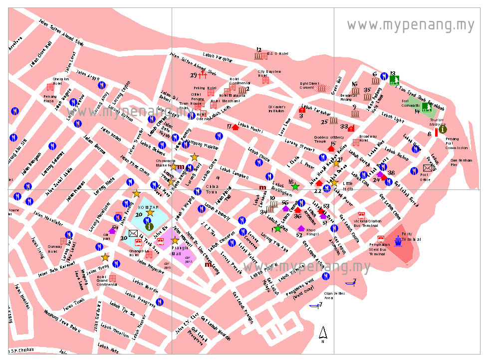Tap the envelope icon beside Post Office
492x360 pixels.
[428, 168]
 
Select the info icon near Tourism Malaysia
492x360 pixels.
[443, 129]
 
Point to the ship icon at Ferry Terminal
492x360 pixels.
[398, 240]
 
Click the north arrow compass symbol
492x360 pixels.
[323, 334]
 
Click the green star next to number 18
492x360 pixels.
[295, 186]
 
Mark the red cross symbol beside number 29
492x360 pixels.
[203, 75]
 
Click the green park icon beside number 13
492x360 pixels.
[394, 80]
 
